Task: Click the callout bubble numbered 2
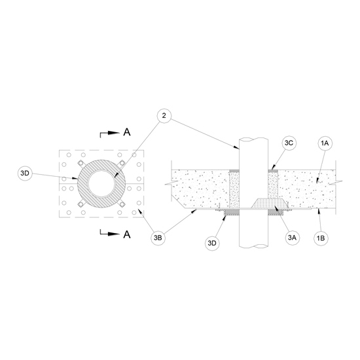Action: point(164,116)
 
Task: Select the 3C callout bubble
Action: point(289,143)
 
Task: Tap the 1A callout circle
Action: point(325,143)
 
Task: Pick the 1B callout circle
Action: point(321,238)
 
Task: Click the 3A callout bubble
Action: point(292,238)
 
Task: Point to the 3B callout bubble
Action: point(158,238)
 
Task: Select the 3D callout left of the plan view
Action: point(25,173)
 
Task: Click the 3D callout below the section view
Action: point(212,243)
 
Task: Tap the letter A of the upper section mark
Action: point(127,132)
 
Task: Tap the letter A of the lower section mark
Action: point(127,234)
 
